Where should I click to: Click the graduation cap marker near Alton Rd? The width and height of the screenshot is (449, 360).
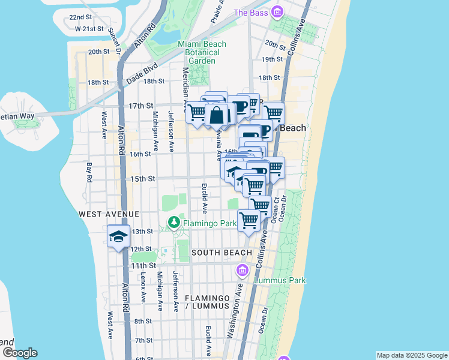click(x=119, y=236)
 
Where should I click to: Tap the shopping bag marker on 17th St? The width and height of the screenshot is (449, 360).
click(x=217, y=114)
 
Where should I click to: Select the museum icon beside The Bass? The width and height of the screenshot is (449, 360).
click(x=277, y=13)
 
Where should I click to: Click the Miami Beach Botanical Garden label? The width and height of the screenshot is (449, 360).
click(x=202, y=52)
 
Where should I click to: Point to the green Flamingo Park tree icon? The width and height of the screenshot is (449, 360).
click(x=174, y=223)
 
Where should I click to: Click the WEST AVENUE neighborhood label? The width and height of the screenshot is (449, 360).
click(x=108, y=214)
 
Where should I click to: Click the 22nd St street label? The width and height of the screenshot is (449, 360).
click(x=80, y=17)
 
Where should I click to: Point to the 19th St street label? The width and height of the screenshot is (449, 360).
click(x=272, y=59)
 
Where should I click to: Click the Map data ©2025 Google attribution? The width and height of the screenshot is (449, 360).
click(x=411, y=355)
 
